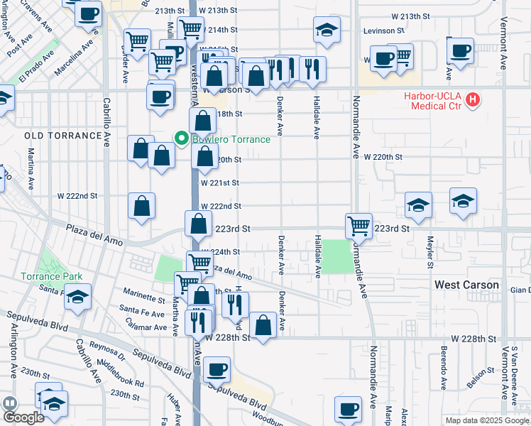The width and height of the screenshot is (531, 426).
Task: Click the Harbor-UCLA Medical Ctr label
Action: (432, 101)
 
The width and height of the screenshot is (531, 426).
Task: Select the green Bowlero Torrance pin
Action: (182, 138)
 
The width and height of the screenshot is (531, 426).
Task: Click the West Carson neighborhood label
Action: (466, 285)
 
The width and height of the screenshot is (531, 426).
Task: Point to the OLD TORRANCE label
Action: (62, 136)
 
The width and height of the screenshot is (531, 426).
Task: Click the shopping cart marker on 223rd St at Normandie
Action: (359, 226)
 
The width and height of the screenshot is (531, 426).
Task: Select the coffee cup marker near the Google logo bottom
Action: (349, 409)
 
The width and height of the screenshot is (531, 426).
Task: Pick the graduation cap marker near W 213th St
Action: (327, 30)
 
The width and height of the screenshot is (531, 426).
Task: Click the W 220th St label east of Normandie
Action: (383, 157)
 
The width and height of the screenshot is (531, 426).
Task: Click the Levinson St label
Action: (383, 31)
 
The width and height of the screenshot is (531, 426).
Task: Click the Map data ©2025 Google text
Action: (486, 420)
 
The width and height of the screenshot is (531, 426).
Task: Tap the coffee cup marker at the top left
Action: (88, 13)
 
